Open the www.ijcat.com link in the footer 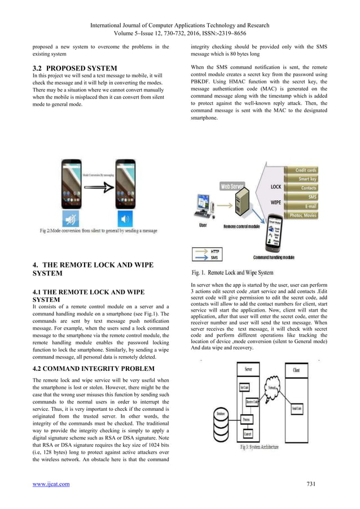pos(51,484)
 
